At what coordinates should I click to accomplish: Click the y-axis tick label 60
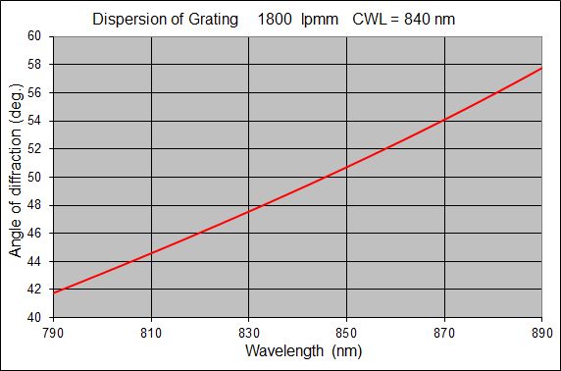click(34, 36)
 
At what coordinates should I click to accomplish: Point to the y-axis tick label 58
click(34, 65)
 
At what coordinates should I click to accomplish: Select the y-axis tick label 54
click(34, 121)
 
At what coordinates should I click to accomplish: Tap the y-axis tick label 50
click(34, 178)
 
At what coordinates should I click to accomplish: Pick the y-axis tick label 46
click(34, 234)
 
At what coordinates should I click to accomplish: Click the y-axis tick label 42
click(34, 290)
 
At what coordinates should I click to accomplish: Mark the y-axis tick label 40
click(34, 318)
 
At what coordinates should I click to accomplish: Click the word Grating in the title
click(212, 20)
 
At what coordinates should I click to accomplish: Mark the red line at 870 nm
click(444, 120)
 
